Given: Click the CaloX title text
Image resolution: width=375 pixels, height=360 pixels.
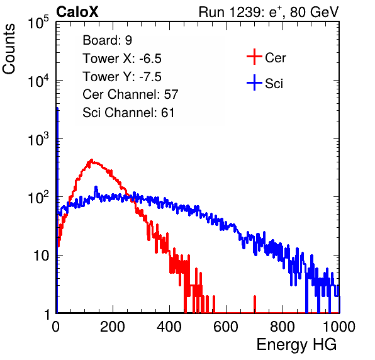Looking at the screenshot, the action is pos(77,12).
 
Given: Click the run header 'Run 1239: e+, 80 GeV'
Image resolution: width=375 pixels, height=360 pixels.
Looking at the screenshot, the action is pos(269,12).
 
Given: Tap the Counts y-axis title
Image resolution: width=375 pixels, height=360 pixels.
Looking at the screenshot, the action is pos(9,49).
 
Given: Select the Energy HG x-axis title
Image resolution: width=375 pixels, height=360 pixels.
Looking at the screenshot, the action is pos(296,345).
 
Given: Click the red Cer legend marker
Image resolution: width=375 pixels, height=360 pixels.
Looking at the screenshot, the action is pos(254,57).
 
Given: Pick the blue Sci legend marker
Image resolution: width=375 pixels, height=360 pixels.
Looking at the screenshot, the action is pos(254,83).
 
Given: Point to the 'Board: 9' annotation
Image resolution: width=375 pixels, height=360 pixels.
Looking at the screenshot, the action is pos(107,40).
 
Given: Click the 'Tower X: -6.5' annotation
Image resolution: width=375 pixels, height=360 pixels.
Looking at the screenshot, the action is pos(122,59).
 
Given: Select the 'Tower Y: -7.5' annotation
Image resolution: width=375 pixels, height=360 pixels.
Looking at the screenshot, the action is pos(122,77).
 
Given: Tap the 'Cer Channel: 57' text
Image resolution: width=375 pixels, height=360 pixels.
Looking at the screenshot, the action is pos(130,94).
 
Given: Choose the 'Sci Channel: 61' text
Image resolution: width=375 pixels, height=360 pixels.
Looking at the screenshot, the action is pos(128,113).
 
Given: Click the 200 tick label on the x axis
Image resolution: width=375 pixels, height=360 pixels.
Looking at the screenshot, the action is pos(113,327).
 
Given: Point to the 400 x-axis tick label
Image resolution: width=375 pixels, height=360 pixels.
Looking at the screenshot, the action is pos(169,327).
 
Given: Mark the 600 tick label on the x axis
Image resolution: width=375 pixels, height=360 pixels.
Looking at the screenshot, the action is pos(226,327).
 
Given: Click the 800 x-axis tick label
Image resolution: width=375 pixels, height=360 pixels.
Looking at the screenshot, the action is pos(283,327).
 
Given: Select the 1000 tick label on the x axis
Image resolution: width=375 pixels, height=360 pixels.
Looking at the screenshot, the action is pos(339,327).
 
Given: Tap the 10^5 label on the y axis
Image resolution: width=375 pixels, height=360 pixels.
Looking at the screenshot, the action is pos(38,22).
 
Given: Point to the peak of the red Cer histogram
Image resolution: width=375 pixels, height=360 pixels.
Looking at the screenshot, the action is pos(91,160).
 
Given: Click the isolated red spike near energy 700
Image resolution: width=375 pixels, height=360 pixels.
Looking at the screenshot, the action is pos(255,304).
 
